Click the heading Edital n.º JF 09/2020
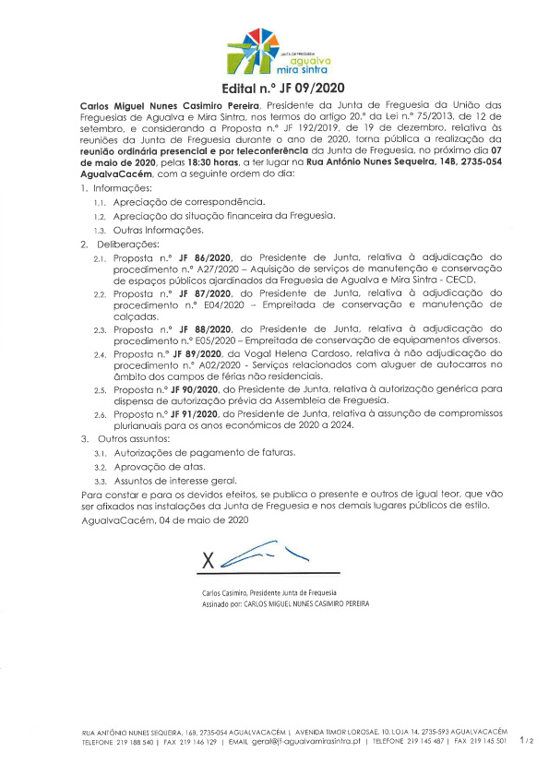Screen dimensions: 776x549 pos(273,89)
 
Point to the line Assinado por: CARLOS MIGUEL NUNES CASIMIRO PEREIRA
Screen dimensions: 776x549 pos(285,603)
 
